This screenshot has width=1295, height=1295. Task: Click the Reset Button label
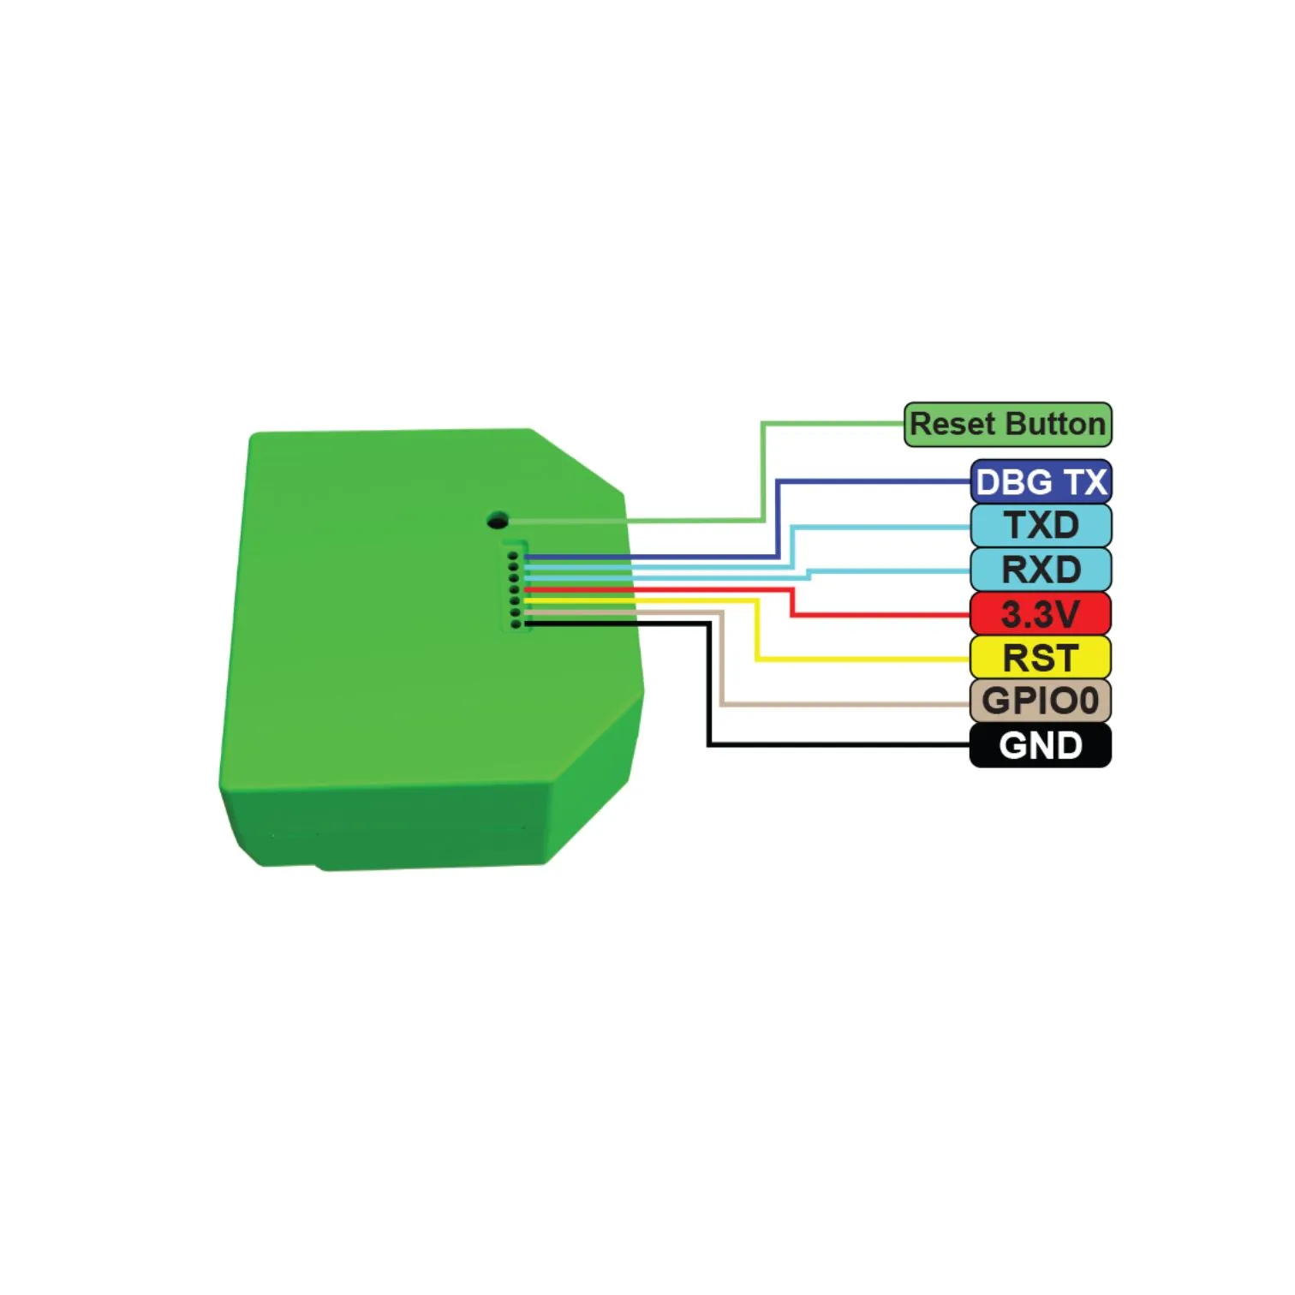pyautogui.click(x=1008, y=425)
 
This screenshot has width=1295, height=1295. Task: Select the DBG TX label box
pyautogui.click(x=1041, y=482)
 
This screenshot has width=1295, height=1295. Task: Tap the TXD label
pyautogui.click(x=1041, y=526)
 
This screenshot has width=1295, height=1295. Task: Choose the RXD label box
pyautogui.click(x=1041, y=570)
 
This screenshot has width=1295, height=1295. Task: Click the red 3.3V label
pyautogui.click(x=1041, y=614)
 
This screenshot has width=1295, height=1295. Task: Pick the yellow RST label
pyautogui.click(x=1041, y=658)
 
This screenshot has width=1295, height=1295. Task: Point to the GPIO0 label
pyautogui.click(x=1041, y=701)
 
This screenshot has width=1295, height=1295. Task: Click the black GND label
pyautogui.click(x=1041, y=745)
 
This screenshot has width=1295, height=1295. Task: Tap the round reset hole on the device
pyautogui.click(x=498, y=520)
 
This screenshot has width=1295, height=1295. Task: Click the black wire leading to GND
pyautogui.click(x=709, y=685)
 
